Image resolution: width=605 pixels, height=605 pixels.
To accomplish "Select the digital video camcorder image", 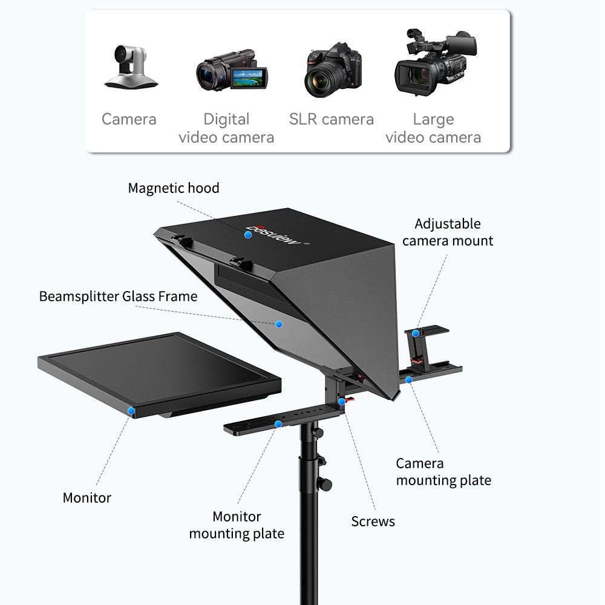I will tap(227, 70).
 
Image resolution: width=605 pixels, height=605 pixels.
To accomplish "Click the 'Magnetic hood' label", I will tap(174, 188).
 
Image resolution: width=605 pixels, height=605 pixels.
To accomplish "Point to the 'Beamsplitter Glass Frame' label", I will tap(118, 296).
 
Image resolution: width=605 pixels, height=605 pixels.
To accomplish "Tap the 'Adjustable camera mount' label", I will tap(448, 232).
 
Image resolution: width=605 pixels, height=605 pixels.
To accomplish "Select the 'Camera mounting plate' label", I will tap(443, 472).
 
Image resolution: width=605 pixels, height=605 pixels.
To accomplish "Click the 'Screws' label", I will tap(373, 522).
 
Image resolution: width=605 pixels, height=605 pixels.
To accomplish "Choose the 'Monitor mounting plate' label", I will tap(237, 525).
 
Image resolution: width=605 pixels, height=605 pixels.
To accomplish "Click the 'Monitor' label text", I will tap(87, 498).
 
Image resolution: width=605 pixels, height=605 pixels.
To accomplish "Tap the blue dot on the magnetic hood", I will tap(247, 234).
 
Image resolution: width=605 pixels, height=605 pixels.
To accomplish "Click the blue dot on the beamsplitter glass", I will tap(279, 324).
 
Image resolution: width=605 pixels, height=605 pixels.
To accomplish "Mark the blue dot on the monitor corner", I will tap(131, 411).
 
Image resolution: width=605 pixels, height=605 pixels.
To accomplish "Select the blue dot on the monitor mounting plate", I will tap(278, 424).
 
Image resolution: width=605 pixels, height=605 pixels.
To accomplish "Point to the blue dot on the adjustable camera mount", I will tap(416, 333).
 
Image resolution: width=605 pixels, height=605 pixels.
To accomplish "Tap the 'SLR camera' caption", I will tap(332, 119).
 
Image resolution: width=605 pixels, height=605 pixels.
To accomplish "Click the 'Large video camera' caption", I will tap(433, 128).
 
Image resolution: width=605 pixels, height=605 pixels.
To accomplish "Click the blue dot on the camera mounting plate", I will tap(409, 380).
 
